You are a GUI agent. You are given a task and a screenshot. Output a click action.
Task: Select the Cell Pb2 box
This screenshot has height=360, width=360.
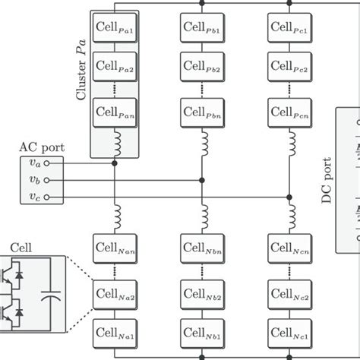point(201,68)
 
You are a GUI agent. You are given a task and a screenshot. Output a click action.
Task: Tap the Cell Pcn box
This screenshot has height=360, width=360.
point(289,114)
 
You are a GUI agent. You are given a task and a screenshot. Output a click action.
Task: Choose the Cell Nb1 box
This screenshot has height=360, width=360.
point(201,332)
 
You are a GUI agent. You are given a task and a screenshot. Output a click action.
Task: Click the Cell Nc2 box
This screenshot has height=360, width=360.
point(289,292)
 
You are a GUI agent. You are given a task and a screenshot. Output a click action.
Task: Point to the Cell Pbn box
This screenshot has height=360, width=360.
point(201,114)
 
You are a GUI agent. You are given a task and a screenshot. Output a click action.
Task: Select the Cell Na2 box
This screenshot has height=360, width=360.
point(114,292)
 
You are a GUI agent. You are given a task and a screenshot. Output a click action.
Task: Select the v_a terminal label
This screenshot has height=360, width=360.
point(35,163)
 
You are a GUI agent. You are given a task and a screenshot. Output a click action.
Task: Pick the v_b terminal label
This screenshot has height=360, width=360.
point(35,180)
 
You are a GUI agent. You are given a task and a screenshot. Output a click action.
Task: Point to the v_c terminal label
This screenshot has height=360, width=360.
point(35,197)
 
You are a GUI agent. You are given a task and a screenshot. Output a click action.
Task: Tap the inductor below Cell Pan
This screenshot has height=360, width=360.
point(114,143)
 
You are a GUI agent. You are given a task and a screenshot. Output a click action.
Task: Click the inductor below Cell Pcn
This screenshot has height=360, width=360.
point(289,143)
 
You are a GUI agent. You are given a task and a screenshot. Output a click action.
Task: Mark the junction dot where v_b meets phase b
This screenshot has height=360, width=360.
point(201,180)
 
